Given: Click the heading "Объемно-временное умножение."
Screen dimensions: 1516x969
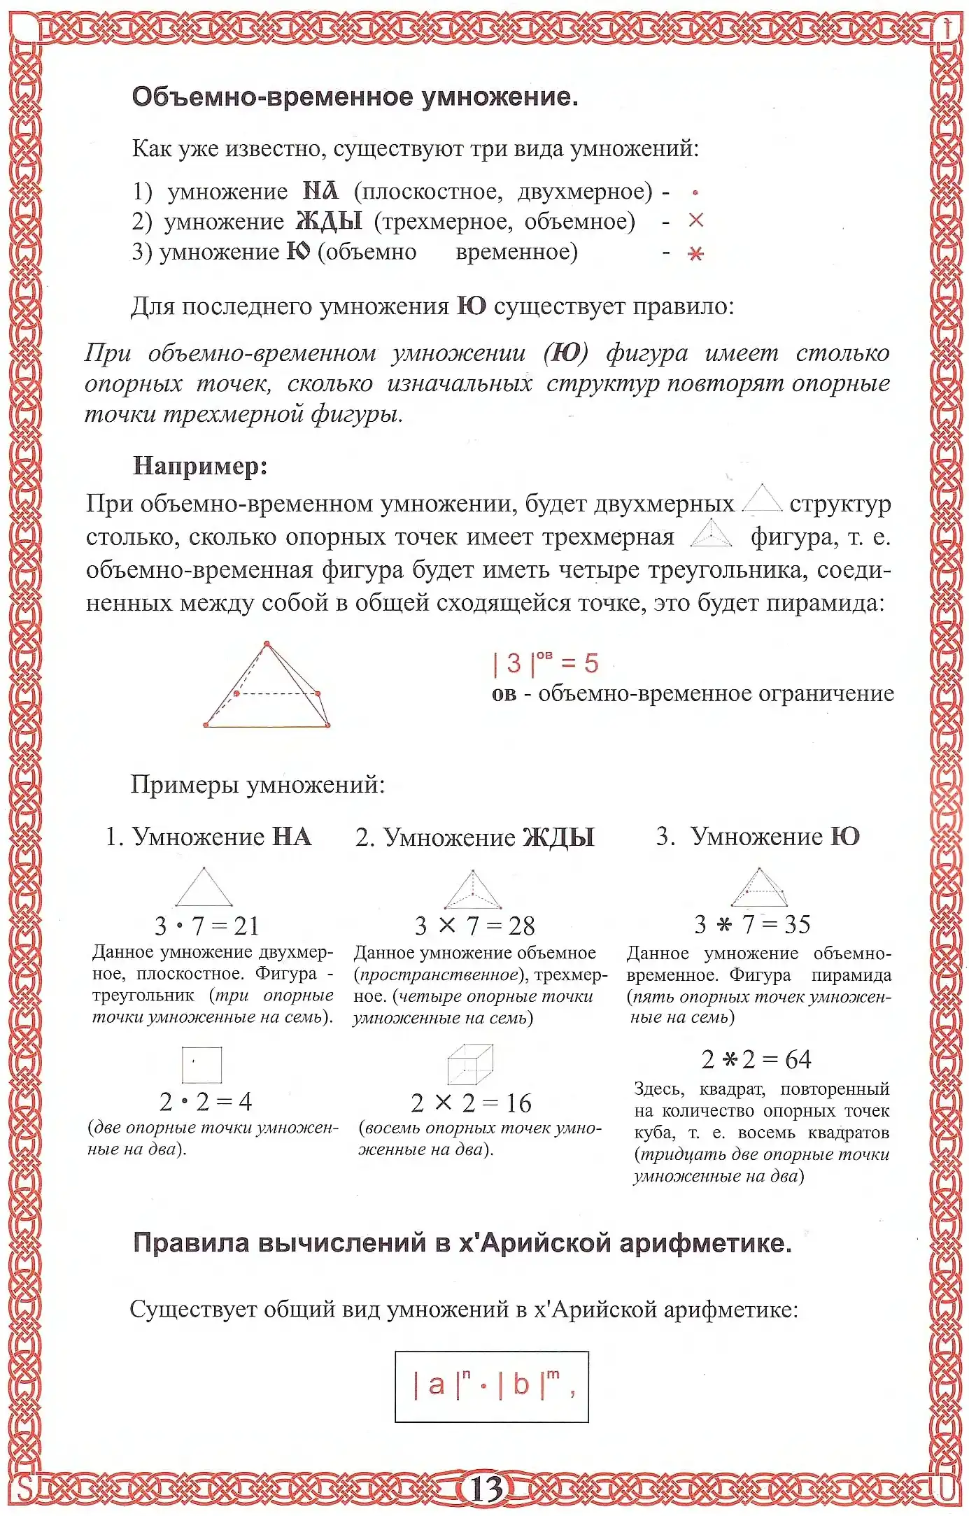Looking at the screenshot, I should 355,97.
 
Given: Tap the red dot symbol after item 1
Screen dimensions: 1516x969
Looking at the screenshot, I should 695,192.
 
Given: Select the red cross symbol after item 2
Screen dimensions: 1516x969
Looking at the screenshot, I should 695,220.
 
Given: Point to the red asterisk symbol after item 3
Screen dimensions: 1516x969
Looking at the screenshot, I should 695,253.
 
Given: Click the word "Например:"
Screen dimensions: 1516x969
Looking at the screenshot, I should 200,466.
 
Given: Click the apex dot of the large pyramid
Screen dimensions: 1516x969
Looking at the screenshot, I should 267,643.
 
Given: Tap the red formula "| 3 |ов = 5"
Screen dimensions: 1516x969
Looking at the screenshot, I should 546,663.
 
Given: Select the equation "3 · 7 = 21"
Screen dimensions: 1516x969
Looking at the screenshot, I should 207,926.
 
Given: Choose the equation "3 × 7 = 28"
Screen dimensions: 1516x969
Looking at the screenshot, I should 474,926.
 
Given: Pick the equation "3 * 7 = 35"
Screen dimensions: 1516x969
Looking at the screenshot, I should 752,924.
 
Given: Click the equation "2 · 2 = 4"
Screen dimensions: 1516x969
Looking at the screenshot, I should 206,1102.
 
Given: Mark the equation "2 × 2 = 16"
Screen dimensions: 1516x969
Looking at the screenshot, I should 471,1103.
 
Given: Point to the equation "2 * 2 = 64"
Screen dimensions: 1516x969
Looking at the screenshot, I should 756,1060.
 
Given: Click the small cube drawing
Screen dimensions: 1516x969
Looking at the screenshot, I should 470,1064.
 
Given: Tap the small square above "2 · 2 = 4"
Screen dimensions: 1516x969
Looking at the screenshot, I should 201,1065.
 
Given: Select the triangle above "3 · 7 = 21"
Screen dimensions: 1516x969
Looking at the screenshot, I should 204,887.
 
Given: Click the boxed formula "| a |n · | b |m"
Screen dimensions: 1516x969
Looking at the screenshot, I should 492,1386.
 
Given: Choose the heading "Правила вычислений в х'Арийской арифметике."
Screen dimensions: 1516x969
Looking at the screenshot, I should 462,1243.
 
